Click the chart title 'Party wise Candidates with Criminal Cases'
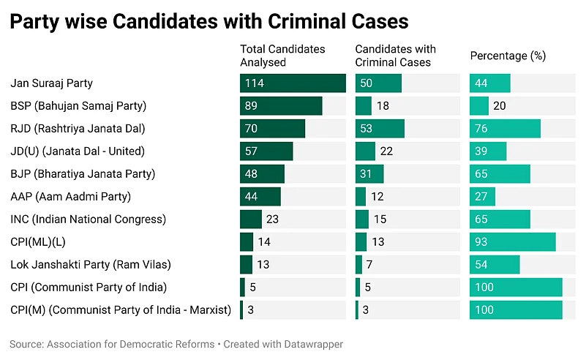tap(209, 21)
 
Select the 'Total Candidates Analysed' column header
tap(282, 56)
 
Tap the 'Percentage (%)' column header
tap(508, 56)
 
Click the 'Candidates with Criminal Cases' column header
tap(395, 56)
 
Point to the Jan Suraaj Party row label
tap(51, 83)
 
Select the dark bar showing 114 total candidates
tap(293, 83)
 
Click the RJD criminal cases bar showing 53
tap(380, 129)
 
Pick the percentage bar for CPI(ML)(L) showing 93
tap(513, 242)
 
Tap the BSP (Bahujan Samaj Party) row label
tap(78, 106)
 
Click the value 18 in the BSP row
tap(383, 106)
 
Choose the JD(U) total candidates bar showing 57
tap(266, 151)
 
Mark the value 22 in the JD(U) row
tap(386, 151)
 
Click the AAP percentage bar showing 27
tap(482, 197)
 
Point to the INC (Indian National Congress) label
tap(89, 219)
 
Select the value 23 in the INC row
tap(272, 219)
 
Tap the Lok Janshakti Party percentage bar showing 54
tap(495, 265)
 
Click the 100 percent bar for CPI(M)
tap(516, 310)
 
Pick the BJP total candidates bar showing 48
tap(262, 174)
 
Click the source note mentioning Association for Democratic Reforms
tap(176, 344)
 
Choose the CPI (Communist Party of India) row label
tap(89, 287)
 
